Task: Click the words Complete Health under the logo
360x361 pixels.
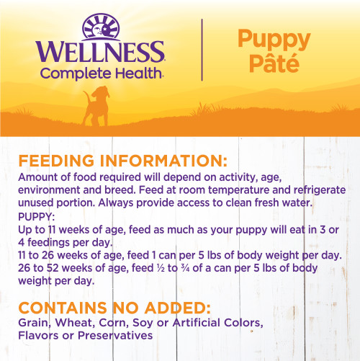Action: (x=102, y=72)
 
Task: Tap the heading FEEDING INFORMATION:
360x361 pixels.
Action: (x=123, y=160)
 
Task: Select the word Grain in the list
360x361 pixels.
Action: (x=35, y=321)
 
